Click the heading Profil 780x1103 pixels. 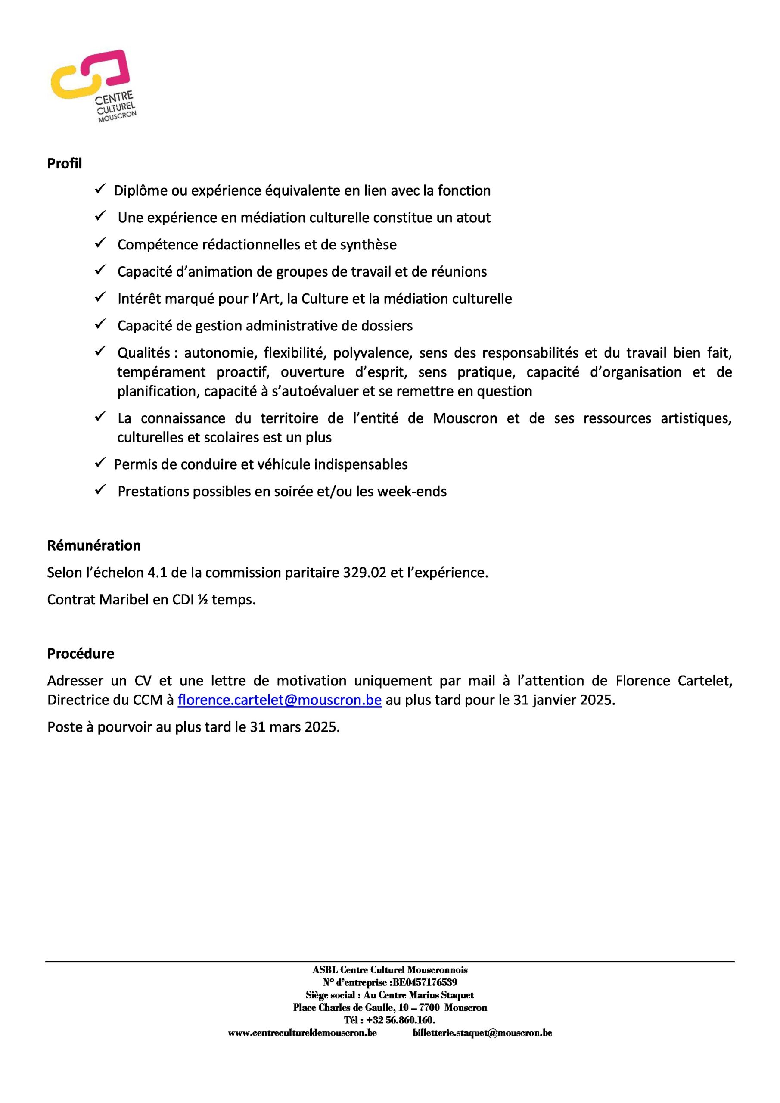[x=64, y=164]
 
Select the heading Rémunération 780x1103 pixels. [x=93, y=545]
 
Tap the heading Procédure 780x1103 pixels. [x=81, y=653]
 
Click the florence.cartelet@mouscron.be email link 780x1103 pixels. [x=280, y=700]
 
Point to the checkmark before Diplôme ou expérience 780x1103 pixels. [x=100, y=190]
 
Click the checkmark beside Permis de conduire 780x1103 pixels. [x=100, y=464]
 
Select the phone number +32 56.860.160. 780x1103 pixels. [x=401, y=1020]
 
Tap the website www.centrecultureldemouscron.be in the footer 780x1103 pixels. [x=302, y=1033]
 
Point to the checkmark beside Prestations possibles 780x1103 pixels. [x=100, y=490]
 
